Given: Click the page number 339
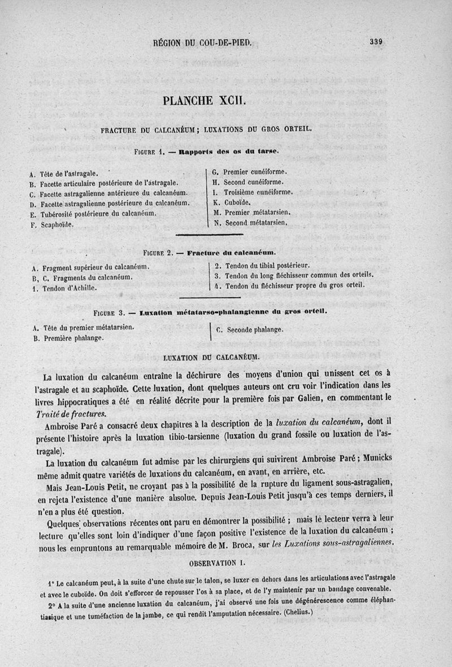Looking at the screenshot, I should (377, 41).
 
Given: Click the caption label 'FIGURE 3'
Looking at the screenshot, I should (113, 311).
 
